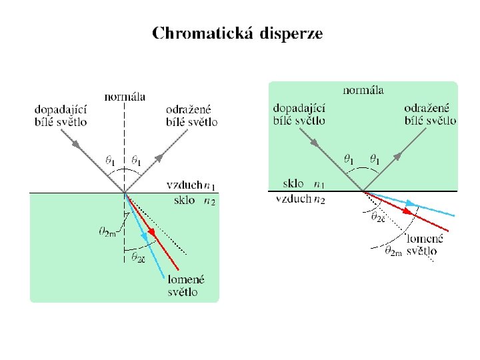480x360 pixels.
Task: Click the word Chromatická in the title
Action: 202,34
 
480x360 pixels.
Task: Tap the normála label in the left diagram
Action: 125,97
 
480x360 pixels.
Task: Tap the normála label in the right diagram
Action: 363,89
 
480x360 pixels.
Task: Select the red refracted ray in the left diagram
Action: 147,224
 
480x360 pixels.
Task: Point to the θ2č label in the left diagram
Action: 138,257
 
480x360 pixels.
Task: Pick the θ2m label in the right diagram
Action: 394,251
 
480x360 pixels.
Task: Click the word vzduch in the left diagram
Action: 183,185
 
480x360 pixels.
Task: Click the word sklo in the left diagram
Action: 184,199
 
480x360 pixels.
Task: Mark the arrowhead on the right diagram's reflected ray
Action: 397,155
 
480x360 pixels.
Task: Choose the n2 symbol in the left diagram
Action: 209,201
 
